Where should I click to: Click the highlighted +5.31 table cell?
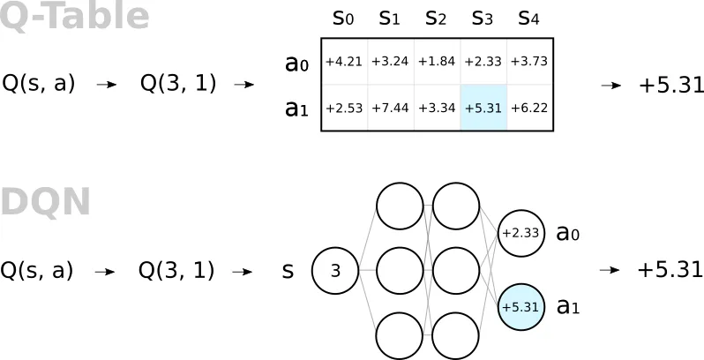(x=483, y=108)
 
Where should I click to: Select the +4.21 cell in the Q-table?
(x=344, y=62)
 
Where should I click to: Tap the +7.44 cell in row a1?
(x=391, y=108)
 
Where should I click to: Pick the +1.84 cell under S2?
(x=437, y=62)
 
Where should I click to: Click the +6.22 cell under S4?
(x=530, y=108)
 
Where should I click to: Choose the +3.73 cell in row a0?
(x=530, y=62)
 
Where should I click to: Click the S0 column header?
(x=343, y=19)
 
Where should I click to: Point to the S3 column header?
(x=483, y=19)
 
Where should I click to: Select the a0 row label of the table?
(x=296, y=64)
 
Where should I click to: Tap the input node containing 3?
(x=335, y=270)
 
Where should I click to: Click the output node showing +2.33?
(x=521, y=233)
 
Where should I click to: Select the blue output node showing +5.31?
(x=521, y=307)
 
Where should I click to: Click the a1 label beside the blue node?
(x=568, y=307)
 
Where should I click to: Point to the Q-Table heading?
(x=74, y=17)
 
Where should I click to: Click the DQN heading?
(x=45, y=202)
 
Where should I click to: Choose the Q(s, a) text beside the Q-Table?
(x=38, y=85)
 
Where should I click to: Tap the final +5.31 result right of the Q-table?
(x=671, y=86)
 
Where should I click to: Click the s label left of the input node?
(x=288, y=271)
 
